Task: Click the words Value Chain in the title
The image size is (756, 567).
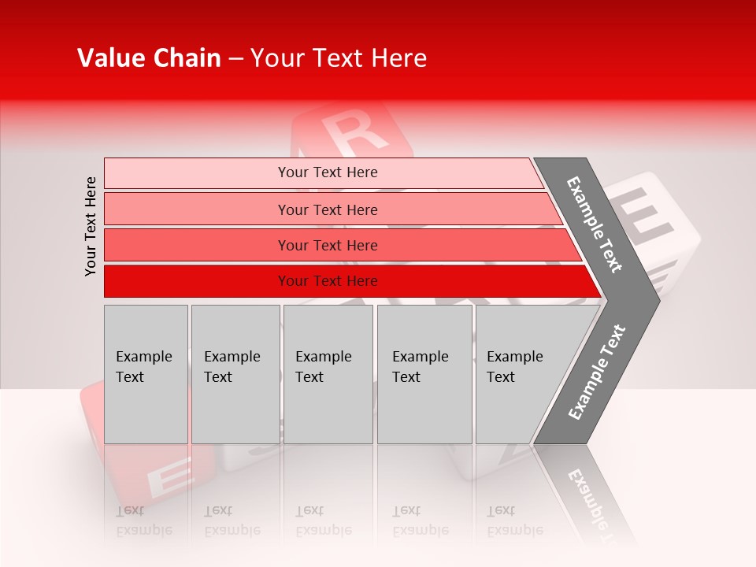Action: (149, 58)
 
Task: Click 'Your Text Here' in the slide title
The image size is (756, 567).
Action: (338, 58)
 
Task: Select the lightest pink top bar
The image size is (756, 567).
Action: (197, 172)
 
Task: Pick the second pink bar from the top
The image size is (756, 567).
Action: (197, 209)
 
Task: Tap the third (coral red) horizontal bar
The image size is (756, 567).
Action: (197, 245)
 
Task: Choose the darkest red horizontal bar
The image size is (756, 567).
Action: (197, 281)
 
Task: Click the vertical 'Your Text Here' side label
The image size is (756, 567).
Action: (91, 226)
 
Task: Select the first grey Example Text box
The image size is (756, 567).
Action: (146, 409)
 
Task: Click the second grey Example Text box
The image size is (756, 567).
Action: (235, 409)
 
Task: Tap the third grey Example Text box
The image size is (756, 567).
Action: (328, 409)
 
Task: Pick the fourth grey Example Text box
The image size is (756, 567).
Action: (424, 409)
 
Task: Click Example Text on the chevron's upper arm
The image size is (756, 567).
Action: (595, 224)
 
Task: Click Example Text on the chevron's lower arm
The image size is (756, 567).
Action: (596, 372)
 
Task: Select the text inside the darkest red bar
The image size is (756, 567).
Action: (328, 281)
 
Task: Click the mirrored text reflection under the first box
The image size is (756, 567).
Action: (143, 521)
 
